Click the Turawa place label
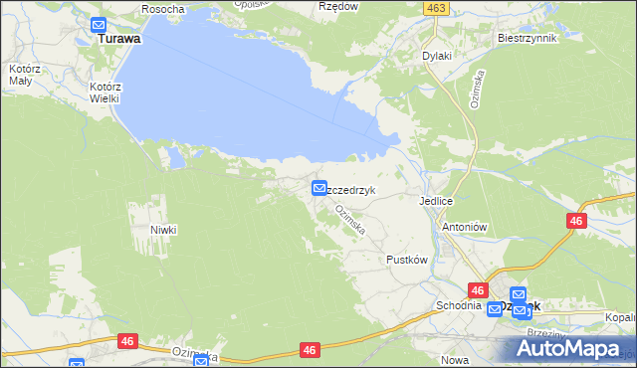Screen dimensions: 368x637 pos(118,41)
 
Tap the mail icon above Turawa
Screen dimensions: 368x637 pos(99,25)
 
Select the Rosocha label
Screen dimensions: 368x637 pos(163,9)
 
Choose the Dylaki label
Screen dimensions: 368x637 pos(437,56)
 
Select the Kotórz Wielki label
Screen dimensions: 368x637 pos(103,92)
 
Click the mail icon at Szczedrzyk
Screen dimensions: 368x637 pos(318,187)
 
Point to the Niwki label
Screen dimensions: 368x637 pos(163,230)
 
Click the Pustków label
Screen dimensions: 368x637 pos(406,260)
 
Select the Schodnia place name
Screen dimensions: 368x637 pos(457,305)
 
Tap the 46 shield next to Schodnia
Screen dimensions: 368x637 pos(479,290)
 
